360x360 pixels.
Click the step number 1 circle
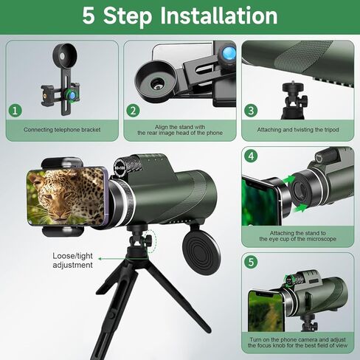[15, 111]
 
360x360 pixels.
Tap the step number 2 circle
[134, 111]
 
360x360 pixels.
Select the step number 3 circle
[252, 111]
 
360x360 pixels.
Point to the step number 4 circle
[252, 156]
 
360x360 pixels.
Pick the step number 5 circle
[252, 262]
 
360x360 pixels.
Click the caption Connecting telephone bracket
[62, 130]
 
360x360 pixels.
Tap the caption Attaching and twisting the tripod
[298, 130]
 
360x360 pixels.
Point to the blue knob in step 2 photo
[229, 54]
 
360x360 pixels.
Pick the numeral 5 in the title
[89, 16]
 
